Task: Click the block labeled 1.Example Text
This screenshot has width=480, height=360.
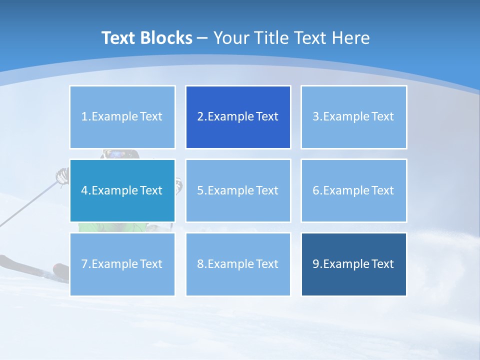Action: coord(122,117)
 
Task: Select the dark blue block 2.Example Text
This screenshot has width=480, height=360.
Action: coord(238,117)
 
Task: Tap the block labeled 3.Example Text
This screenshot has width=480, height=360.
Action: coord(353,117)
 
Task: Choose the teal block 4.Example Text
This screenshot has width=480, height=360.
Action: coord(122,190)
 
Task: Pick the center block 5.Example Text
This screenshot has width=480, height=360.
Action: coord(238,190)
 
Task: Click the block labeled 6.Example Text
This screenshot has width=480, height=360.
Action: coord(353,190)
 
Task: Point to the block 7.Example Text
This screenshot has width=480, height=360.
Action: coord(122,264)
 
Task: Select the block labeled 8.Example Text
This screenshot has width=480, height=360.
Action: coord(238,264)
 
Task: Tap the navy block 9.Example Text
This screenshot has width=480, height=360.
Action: coord(353,264)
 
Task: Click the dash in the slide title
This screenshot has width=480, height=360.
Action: coord(202,38)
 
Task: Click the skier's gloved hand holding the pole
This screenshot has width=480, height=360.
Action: coord(62,175)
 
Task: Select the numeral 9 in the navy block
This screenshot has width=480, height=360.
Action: coord(316,264)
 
